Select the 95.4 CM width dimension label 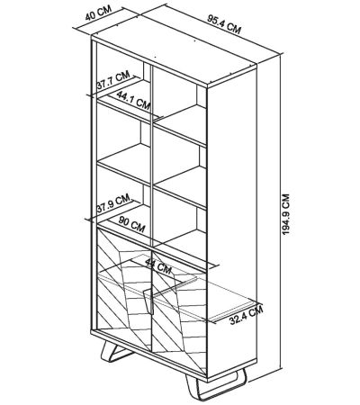coord(224,24)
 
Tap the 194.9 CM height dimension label coord(286,214)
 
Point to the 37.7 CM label coord(113,80)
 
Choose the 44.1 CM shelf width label coord(133,100)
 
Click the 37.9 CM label coord(113,203)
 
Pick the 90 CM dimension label coord(132,224)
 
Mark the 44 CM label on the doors coord(158,265)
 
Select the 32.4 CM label coord(247,315)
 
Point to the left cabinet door coord(123,290)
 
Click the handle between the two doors coord(148,301)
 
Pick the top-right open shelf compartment coord(179,96)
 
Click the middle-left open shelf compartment coord(123,138)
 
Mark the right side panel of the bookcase coord(231,222)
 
